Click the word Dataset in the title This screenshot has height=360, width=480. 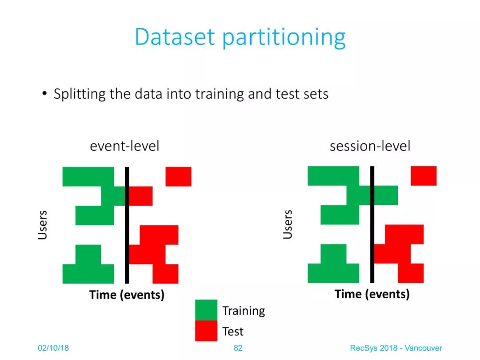pyautogui.click(x=175, y=37)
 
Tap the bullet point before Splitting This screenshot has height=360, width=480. pyautogui.click(x=45, y=93)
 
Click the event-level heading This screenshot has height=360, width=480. pyautogui.click(x=124, y=146)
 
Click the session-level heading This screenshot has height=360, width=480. pyautogui.click(x=370, y=146)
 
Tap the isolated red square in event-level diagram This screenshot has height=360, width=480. pyautogui.click(x=179, y=176)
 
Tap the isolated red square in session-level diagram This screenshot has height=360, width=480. pyautogui.click(x=424, y=176)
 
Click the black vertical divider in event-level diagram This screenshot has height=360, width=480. pyautogui.click(x=127, y=225)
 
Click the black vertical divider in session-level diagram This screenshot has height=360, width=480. pyautogui.click(x=372, y=225)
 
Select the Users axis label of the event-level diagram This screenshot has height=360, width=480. pyautogui.click(x=43, y=225)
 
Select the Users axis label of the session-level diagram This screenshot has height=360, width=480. pyautogui.click(x=288, y=224)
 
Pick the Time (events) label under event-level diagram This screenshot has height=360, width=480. pyautogui.click(x=127, y=295)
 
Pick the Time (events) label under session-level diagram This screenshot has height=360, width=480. pyautogui.click(x=372, y=294)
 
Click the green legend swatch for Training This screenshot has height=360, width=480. pyautogui.click(x=206, y=310)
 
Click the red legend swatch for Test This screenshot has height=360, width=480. pyautogui.click(x=206, y=331)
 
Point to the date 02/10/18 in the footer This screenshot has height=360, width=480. pyautogui.click(x=53, y=348)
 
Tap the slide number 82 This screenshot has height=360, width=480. pyautogui.click(x=238, y=348)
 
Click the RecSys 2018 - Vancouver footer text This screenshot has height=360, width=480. pyautogui.click(x=396, y=348)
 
